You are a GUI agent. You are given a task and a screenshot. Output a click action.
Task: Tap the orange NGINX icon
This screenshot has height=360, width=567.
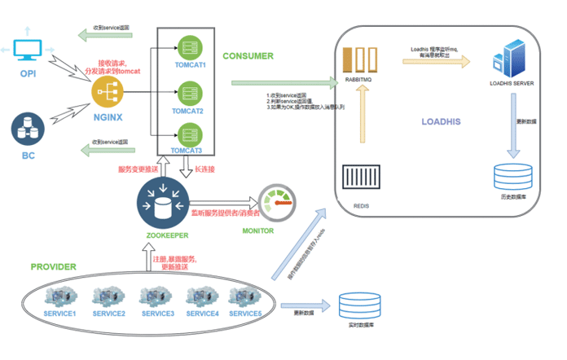click(x=107, y=95)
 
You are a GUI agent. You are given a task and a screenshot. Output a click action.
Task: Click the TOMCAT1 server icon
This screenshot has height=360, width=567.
click(x=189, y=46)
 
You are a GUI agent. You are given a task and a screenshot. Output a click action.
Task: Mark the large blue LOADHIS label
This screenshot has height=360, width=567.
click(x=441, y=121)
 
